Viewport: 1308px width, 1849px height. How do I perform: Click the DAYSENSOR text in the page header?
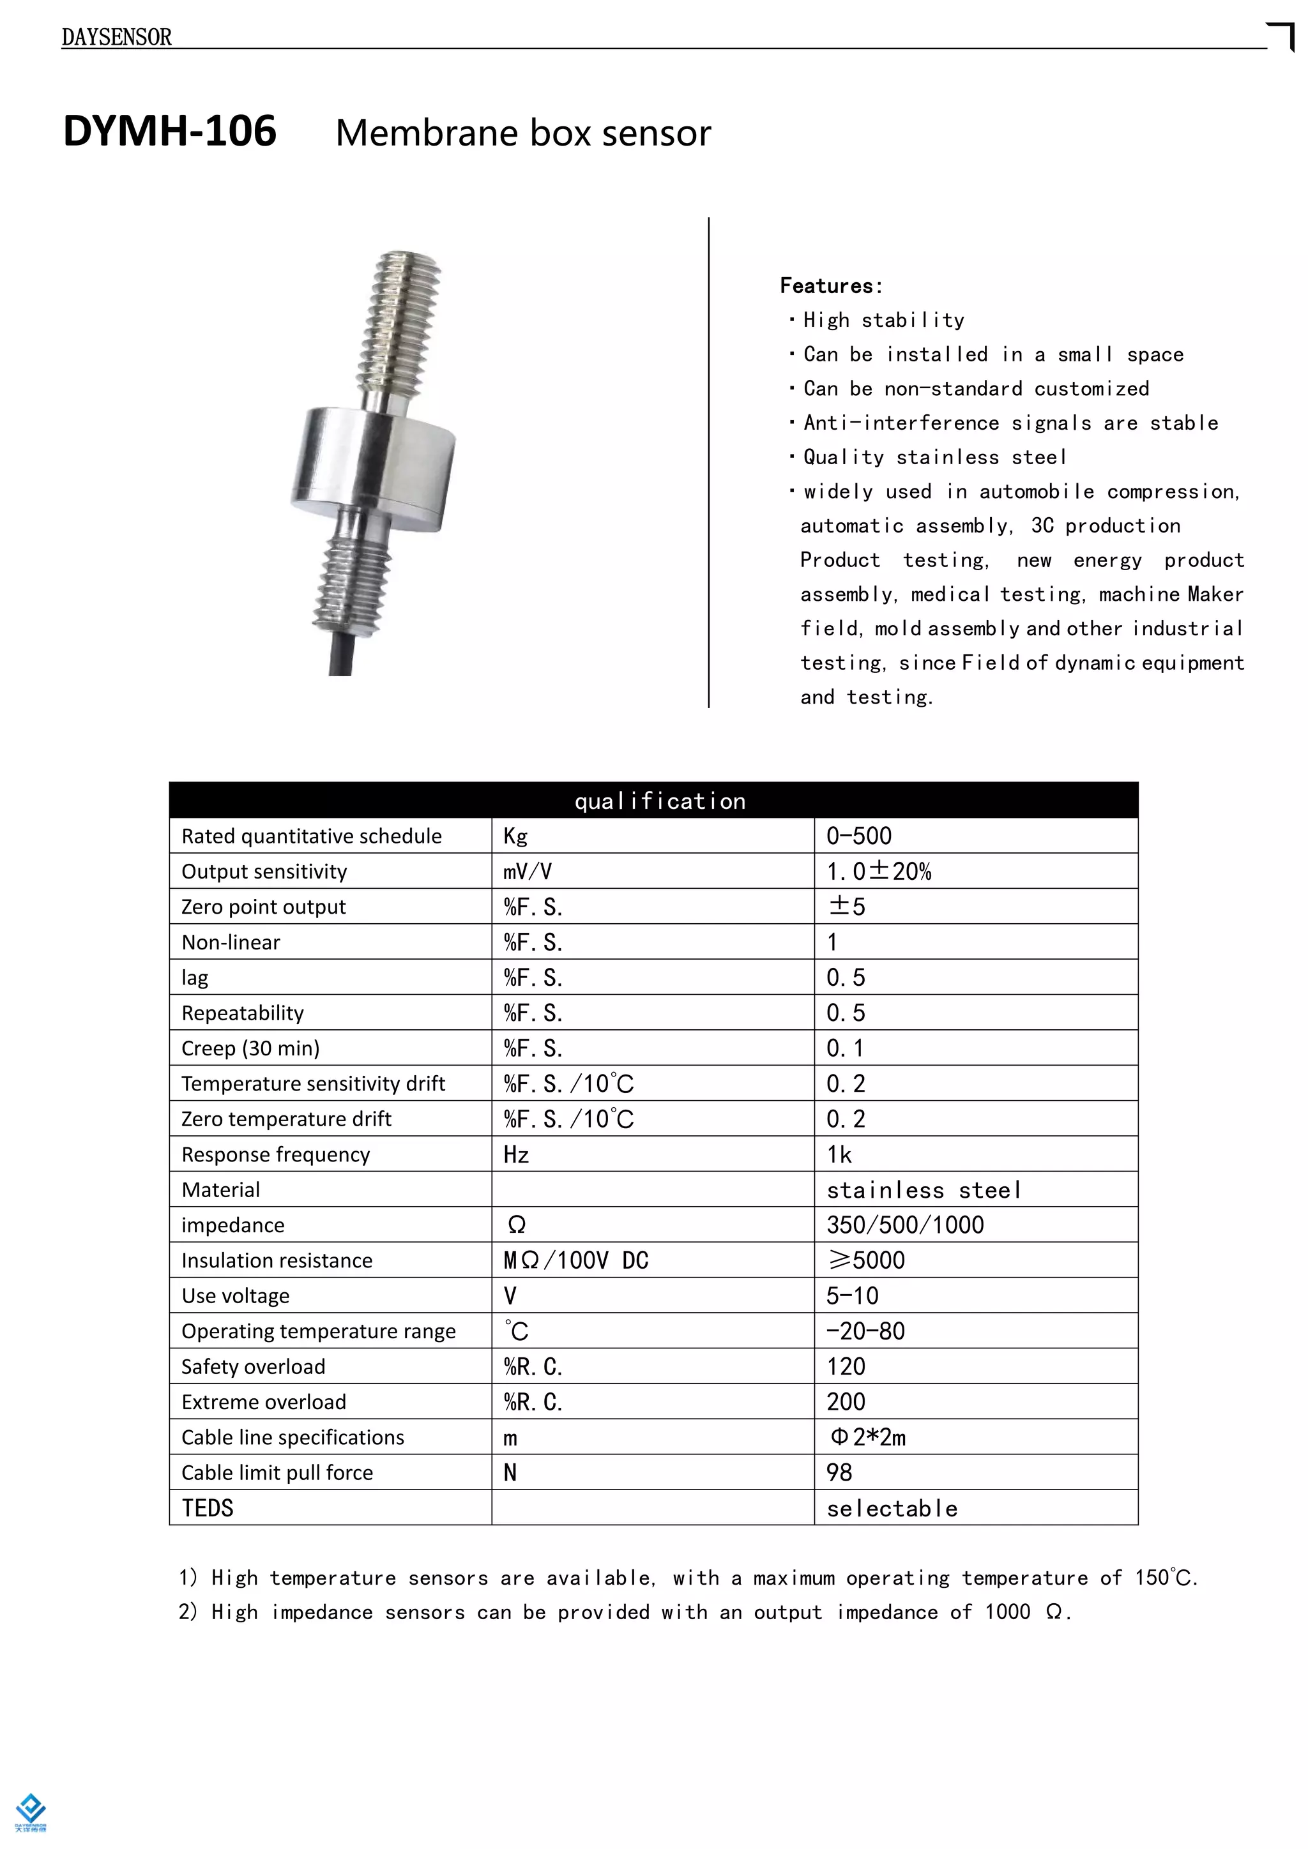click(117, 37)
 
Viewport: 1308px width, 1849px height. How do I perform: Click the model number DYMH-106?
click(170, 132)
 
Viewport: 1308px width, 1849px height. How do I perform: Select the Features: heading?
click(830, 286)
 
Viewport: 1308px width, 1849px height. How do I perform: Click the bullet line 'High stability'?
click(883, 321)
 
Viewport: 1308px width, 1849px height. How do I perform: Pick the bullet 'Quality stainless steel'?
click(934, 457)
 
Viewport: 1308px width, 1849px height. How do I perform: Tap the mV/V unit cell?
click(528, 872)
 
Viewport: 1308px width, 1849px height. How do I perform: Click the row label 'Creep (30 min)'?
click(250, 1048)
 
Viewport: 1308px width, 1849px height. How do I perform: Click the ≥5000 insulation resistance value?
click(866, 1260)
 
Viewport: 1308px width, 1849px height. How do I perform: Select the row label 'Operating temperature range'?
click(318, 1331)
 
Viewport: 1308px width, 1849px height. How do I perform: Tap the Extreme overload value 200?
click(846, 1402)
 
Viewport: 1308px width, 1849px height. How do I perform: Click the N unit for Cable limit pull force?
click(510, 1472)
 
